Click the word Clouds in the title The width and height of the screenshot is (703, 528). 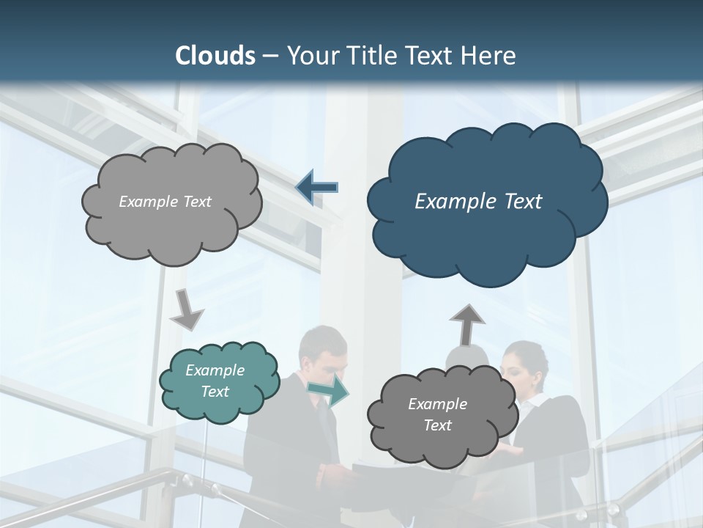[215, 56]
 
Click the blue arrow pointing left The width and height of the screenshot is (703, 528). [317, 187]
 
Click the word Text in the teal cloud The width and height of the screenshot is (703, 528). [215, 392]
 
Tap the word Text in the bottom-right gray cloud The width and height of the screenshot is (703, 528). [438, 425]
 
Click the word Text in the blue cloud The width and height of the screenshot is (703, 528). [519, 202]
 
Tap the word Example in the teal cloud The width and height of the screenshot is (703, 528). [215, 370]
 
